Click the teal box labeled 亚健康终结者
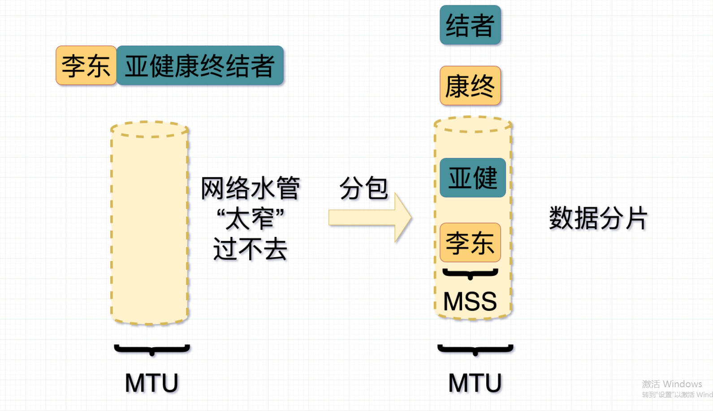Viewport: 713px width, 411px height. (200, 66)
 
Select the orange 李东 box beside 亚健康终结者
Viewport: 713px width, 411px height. (86, 66)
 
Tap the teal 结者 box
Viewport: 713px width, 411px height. (470, 25)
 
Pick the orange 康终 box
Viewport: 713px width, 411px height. (470, 86)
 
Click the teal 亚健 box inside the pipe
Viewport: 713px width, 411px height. (473, 178)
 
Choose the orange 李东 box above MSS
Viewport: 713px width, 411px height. (470, 243)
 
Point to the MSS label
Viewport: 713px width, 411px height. (470, 301)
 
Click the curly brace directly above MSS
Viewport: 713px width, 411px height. (470, 273)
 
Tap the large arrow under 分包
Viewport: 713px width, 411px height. (370, 218)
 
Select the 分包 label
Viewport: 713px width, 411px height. (363, 188)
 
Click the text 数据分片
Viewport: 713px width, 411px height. (598, 219)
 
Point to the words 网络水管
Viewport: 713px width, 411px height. (250, 188)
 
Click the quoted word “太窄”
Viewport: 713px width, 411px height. (250, 219)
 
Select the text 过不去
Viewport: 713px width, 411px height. (250, 249)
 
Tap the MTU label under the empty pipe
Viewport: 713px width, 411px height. (151, 383)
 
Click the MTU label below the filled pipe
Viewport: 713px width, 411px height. (475, 383)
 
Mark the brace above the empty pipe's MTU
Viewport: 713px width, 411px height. (152, 349)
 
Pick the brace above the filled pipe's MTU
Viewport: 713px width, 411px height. (475, 349)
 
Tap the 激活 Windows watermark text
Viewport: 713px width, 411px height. (672, 384)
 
